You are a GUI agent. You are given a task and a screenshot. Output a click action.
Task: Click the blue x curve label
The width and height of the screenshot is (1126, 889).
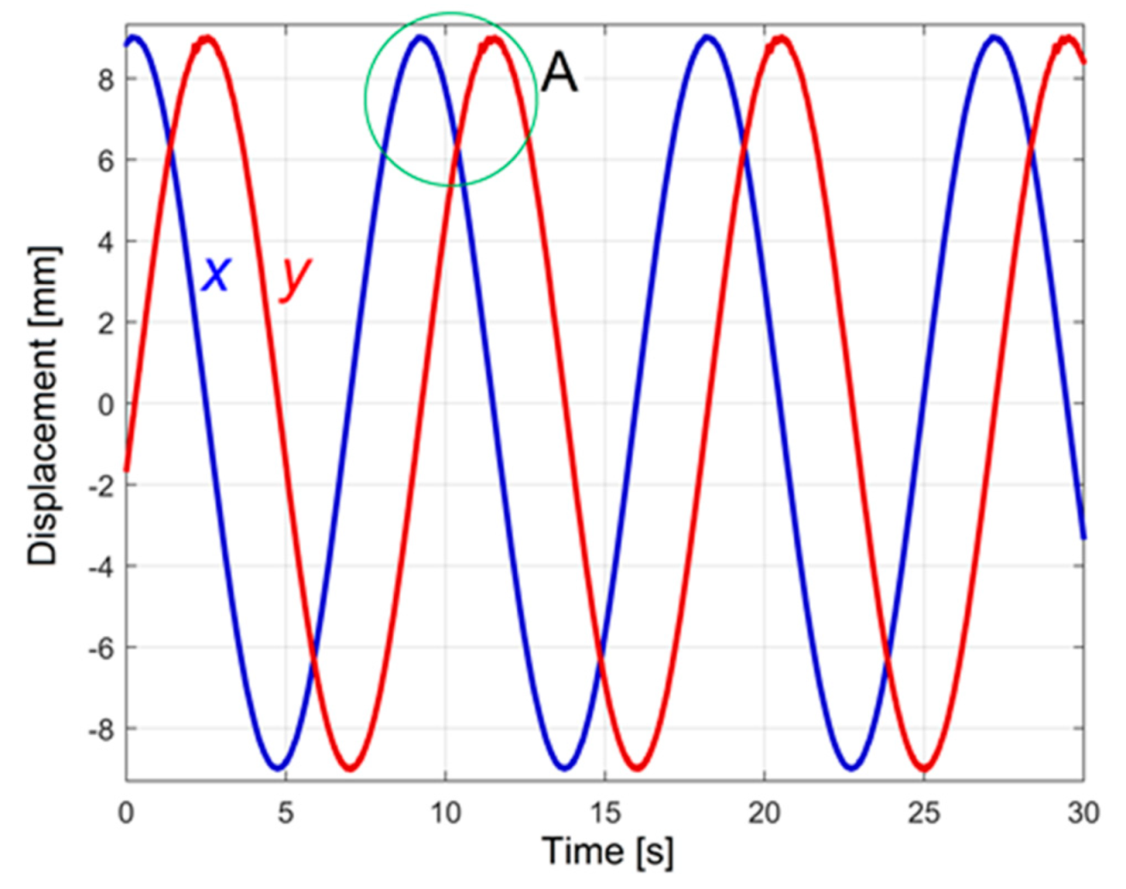(216, 275)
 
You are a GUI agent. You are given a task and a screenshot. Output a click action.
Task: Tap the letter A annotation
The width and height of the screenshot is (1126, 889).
(560, 73)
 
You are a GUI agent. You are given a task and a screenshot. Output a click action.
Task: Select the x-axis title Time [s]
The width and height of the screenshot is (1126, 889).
(607, 851)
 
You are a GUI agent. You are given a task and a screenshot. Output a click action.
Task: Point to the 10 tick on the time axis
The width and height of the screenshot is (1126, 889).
(445, 812)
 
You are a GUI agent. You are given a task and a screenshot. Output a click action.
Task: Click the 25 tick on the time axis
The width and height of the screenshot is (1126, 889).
(924, 812)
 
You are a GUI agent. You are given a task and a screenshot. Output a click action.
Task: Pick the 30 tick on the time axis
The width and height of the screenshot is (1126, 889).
(1082, 812)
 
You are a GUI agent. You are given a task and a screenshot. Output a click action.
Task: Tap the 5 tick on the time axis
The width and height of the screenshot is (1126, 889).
(285, 812)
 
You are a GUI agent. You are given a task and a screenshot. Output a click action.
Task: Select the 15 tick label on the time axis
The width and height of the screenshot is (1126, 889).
(605, 812)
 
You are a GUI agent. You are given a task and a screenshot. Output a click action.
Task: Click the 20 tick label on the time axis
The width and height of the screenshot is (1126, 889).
(764, 812)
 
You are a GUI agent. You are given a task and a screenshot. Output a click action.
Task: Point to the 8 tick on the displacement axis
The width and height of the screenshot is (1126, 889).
(106, 79)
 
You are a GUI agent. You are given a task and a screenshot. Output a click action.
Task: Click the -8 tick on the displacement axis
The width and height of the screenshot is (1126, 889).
(102, 729)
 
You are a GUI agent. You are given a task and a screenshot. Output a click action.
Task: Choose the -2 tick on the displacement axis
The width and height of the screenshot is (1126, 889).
(102, 486)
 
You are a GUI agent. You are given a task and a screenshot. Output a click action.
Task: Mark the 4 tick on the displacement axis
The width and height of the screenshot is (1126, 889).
(106, 242)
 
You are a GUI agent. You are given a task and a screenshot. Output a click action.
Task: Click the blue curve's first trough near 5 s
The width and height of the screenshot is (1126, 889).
(278, 767)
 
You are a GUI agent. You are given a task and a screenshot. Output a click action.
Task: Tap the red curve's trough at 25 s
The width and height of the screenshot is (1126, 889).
(924, 768)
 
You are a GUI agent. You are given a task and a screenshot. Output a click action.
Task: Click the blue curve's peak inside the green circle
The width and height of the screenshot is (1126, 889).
(420, 38)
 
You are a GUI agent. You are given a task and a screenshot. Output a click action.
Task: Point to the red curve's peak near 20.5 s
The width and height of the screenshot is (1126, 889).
(780, 39)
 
